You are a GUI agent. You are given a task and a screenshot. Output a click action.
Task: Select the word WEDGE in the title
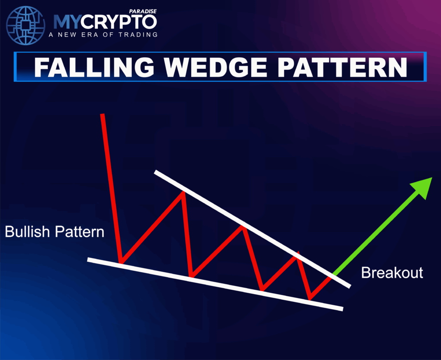(x=204, y=67)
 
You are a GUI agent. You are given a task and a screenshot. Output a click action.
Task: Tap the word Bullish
(x=28, y=232)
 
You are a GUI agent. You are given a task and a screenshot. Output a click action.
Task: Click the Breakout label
(x=392, y=273)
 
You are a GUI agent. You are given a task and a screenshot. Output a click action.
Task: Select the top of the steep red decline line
(x=102, y=115)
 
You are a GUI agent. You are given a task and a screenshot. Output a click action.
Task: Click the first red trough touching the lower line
(x=121, y=262)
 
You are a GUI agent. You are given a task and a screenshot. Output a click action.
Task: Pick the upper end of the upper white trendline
(x=156, y=172)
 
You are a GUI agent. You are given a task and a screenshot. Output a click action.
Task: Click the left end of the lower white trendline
(x=89, y=259)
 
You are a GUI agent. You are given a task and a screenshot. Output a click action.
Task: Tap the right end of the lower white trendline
(x=342, y=308)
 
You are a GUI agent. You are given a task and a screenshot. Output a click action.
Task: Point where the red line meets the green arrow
(x=332, y=276)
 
